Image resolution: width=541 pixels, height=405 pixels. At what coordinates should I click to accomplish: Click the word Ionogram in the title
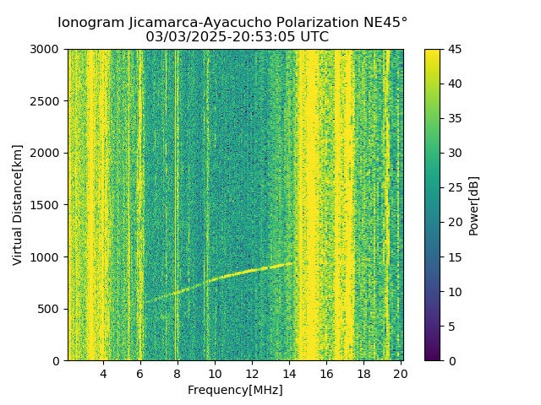(x=91, y=22)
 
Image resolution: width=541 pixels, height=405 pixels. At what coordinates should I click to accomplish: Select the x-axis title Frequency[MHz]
(x=235, y=390)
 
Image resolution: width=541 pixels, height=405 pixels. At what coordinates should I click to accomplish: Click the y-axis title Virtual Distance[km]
(x=18, y=205)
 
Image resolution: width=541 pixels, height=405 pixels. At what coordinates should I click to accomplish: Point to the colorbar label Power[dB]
(x=474, y=205)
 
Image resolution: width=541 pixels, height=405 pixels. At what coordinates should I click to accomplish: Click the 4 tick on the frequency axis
(x=103, y=374)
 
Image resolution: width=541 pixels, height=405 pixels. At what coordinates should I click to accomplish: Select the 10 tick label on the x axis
(x=215, y=374)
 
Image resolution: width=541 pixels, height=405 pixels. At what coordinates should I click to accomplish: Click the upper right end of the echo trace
(x=292, y=262)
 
